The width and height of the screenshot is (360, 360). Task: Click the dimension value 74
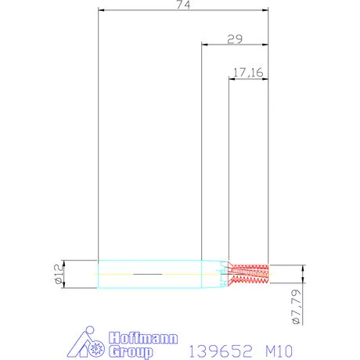[184, 5]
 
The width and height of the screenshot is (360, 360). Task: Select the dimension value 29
[234, 38]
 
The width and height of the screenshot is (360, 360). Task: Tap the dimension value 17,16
[247, 73]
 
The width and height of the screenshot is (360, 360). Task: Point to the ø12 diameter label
[58, 274]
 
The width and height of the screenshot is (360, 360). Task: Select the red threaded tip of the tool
[250, 272]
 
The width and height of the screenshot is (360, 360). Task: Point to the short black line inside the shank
[148, 274]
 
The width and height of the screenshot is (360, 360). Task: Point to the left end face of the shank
[98, 274]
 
